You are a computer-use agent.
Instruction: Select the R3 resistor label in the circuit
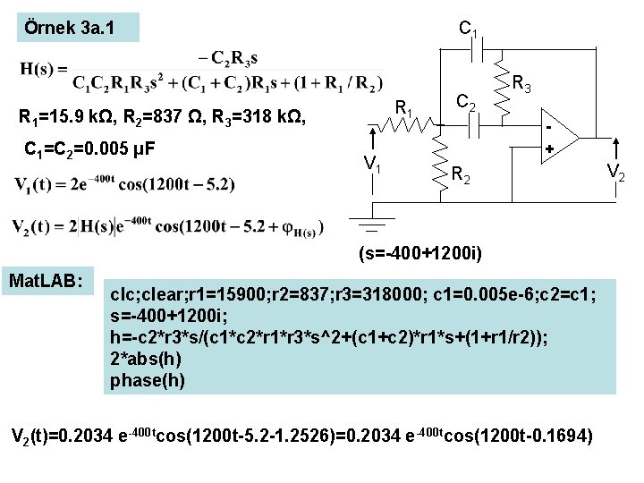pyautogui.click(x=523, y=86)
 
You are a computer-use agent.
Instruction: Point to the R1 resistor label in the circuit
pyautogui.click(x=404, y=111)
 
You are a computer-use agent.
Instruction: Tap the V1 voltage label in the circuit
pyautogui.click(x=374, y=163)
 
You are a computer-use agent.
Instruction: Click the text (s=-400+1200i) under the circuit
pyautogui.click(x=420, y=255)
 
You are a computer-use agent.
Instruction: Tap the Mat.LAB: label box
pyautogui.click(x=45, y=281)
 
